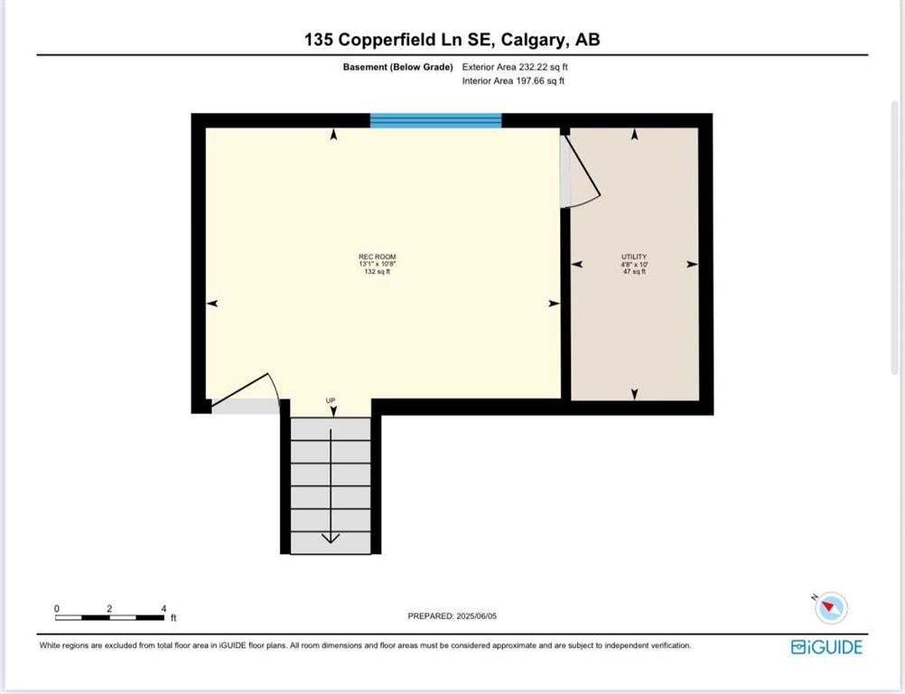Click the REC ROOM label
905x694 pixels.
[378, 257]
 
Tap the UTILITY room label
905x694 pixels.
[634, 257]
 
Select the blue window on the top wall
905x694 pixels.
[435, 121]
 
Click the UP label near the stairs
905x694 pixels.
[331, 400]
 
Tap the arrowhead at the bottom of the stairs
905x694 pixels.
[331, 538]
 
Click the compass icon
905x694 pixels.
[831, 607]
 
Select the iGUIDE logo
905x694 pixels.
[826, 647]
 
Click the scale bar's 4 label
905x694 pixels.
[163, 608]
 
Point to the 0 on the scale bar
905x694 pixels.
[57, 608]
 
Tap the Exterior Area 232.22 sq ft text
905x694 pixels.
[515, 67]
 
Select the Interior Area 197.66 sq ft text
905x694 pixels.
[513, 80]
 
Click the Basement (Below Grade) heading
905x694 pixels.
[397, 67]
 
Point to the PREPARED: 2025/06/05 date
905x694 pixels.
[452, 616]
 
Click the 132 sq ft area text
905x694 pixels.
[378, 271]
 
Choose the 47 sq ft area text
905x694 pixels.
[634, 271]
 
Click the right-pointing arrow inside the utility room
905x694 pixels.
[692, 265]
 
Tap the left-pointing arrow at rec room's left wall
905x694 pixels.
[212, 304]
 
